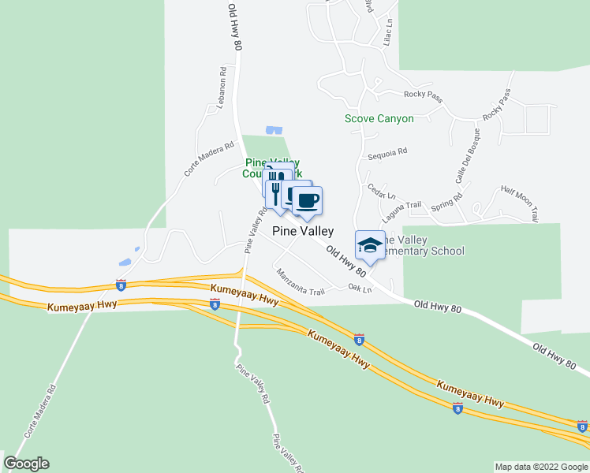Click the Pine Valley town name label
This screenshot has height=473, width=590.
(x=303, y=232)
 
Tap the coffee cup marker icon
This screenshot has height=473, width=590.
(x=308, y=200)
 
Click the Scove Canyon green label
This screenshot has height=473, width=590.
(x=379, y=119)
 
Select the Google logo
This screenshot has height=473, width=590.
(x=26, y=464)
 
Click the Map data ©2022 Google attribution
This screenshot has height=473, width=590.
(x=540, y=467)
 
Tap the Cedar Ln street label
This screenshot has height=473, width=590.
(x=381, y=192)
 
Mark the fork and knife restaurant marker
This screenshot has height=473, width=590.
(x=275, y=192)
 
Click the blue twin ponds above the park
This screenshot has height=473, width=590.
(x=274, y=130)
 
